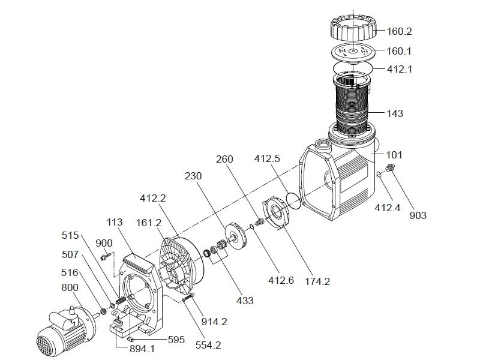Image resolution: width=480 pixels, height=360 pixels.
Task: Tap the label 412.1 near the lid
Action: [400, 69]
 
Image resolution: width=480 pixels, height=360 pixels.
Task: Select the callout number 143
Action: [395, 113]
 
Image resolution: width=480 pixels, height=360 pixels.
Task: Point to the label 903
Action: [418, 215]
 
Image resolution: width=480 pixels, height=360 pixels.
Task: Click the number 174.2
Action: [318, 281]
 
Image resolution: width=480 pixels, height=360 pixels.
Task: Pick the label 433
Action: [245, 300]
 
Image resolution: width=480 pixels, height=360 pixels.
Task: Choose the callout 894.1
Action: [140, 349]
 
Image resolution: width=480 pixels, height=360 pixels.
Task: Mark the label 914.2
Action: [214, 322]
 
